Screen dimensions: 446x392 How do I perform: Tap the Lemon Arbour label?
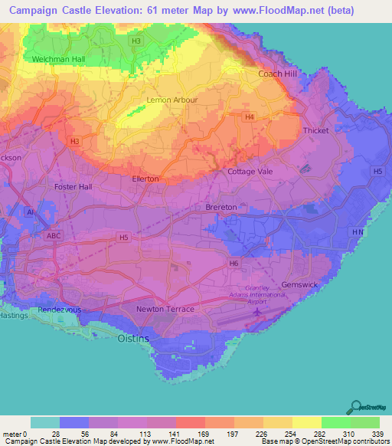coord(171,100)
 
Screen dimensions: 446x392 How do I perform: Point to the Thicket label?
coord(315,131)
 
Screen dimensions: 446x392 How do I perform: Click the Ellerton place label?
coord(145,179)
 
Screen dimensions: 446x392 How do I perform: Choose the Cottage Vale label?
coord(250,172)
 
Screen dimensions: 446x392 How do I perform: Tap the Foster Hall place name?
coord(73,186)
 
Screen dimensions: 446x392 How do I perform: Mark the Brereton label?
coord(221,207)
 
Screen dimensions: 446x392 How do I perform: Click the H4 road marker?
coord(249,117)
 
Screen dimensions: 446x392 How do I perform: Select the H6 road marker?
coord(234,264)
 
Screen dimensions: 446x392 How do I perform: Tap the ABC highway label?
coord(53,236)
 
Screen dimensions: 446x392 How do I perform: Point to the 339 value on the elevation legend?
coord(379,435)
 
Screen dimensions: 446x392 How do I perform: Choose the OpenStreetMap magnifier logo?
coord(357,407)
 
